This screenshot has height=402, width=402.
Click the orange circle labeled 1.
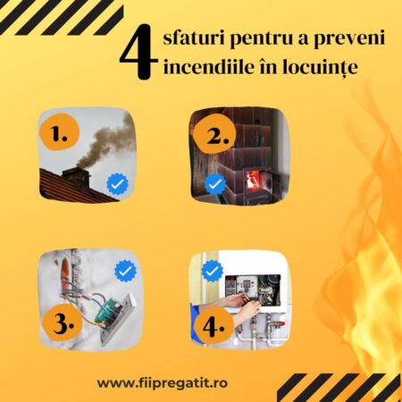pos(61,135)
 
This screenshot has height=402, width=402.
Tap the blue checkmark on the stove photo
pos(215,184)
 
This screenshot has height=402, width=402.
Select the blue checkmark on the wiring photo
pos(125,269)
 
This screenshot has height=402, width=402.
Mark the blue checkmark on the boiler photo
pos(212,269)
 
